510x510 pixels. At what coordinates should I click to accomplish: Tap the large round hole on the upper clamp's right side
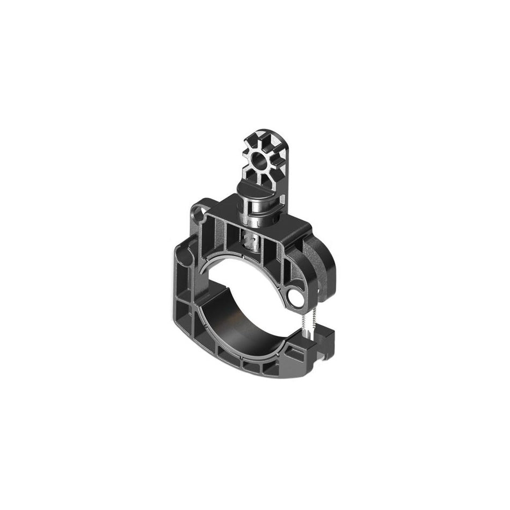point(294,296)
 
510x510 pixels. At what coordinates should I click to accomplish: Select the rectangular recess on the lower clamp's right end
point(294,352)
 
